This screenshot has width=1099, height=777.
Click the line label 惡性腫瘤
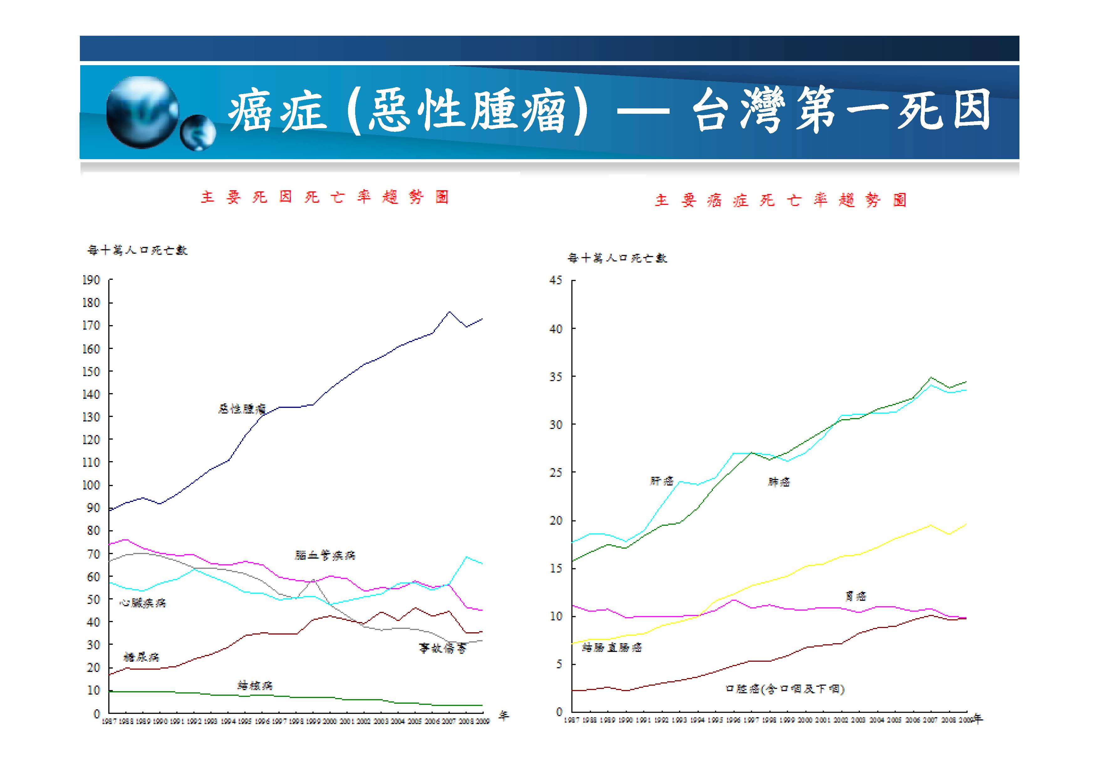point(242,409)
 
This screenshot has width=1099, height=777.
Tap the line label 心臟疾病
point(143,603)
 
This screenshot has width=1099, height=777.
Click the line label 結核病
point(255,686)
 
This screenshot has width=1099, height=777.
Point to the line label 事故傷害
point(442,648)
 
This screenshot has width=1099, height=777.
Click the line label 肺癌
point(779,482)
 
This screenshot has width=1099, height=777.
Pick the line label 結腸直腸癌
point(612,648)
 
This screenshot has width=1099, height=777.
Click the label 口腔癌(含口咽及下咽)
point(785,689)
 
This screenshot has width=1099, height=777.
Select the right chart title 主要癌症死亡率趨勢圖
point(781,200)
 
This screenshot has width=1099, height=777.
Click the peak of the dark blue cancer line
point(449,312)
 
